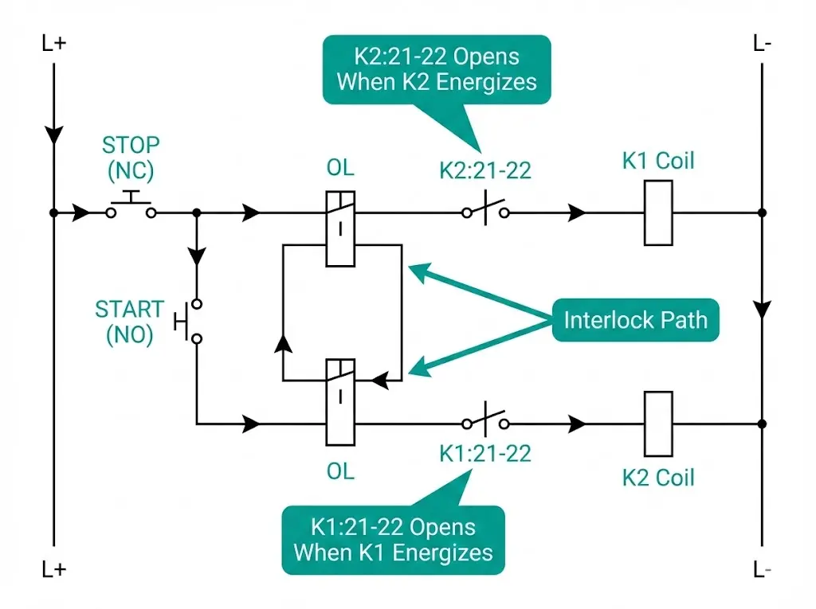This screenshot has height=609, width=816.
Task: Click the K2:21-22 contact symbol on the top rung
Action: tap(485, 213)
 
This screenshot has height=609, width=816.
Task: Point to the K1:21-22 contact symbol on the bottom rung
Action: tap(485, 422)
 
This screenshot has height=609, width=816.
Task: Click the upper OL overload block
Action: tap(340, 228)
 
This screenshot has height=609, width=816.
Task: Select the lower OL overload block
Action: tap(340, 401)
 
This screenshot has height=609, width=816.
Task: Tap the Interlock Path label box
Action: tap(635, 320)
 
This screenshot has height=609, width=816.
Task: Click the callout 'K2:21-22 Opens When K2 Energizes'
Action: tap(436, 69)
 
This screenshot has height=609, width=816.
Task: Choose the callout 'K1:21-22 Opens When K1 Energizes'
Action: tap(393, 540)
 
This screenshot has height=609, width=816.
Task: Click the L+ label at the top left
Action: tap(54, 43)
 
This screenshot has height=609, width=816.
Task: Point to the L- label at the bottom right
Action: tap(762, 570)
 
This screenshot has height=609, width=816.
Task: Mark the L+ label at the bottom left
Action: tap(54, 570)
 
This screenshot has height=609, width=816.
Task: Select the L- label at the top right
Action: tap(762, 43)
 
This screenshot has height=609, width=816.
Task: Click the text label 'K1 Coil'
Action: tap(658, 161)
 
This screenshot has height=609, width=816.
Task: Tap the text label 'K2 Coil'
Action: tap(658, 478)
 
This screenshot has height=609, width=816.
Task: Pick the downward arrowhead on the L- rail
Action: tap(763, 308)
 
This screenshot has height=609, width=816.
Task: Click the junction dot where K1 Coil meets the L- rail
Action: tap(763, 213)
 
